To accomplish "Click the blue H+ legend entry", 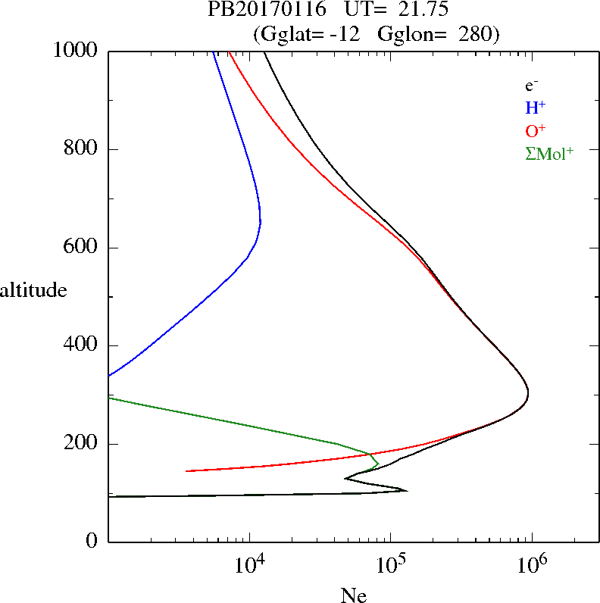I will point(536,108).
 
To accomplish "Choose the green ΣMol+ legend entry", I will point(549,153).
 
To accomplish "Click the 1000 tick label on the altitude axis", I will point(77,51).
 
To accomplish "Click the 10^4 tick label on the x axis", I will point(251,564).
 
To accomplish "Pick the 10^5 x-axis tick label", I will point(392,564).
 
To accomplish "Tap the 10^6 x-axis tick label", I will point(533,564).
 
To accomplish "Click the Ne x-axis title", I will point(354,596).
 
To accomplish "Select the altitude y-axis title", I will point(33,290).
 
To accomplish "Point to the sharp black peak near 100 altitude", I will point(406,491).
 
